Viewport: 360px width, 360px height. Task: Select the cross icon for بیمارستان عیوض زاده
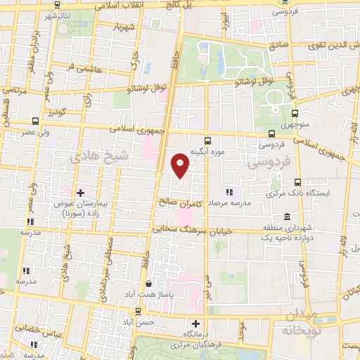81,192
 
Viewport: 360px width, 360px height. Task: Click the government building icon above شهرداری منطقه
287,217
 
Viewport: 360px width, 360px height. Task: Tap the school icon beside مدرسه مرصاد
229,192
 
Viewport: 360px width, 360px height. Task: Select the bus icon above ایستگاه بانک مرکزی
298,181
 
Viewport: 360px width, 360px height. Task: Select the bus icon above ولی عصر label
36,121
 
